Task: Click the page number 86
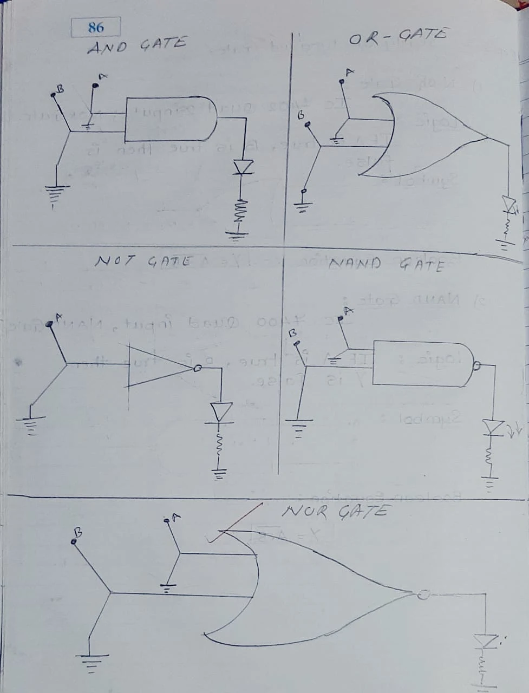[x=96, y=27]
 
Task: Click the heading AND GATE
[x=136, y=45]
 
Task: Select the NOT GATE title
[x=143, y=261]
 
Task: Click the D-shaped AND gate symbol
[x=171, y=119]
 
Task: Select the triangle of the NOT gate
[x=157, y=367]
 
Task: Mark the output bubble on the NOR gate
[x=423, y=594]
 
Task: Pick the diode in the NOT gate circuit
[x=221, y=413]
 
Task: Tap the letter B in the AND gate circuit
[x=61, y=88]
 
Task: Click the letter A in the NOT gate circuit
[x=58, y=316]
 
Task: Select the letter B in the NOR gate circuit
[x=77, y=532]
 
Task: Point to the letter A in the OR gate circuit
[x=349, y=72]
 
